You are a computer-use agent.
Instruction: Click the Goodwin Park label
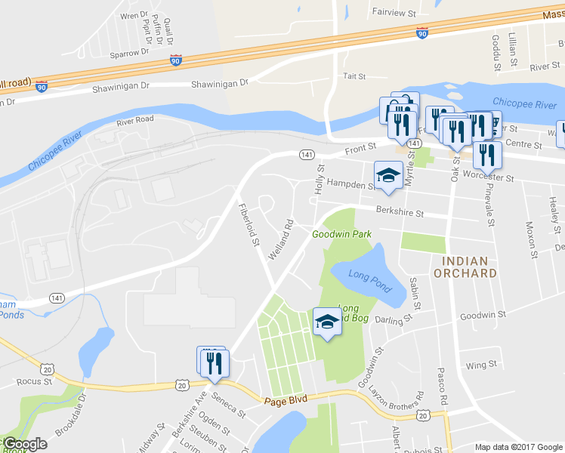(342, 235)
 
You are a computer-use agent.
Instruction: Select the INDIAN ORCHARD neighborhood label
(465, 267)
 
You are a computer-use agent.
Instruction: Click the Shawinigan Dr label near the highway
(220, 84)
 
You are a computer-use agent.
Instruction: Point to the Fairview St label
(394, 13)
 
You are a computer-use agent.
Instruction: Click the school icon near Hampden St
(387, 176)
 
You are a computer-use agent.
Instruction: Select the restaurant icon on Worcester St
(487, 155)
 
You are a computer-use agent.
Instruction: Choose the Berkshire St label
(399, 213)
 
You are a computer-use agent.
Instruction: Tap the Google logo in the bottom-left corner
(24, 444)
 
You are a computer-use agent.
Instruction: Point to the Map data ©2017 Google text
(518, 447)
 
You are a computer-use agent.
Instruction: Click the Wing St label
(481, 365)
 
